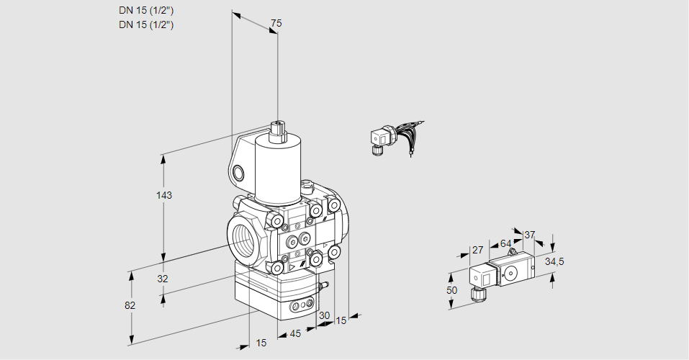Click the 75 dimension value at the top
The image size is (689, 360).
point(276,24)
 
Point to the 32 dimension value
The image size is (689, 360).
point(163,279)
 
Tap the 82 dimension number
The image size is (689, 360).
point(130,305)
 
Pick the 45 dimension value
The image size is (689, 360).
point(295,333)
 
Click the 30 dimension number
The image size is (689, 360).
point(324,315)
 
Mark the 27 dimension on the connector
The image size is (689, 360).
point(477,250)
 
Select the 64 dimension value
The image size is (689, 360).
point(505,243)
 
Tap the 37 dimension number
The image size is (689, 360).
point(529,235)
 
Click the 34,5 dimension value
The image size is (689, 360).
point(554,261)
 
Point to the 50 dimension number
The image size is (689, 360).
point(451,289)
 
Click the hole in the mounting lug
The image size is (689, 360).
point(238,172)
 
